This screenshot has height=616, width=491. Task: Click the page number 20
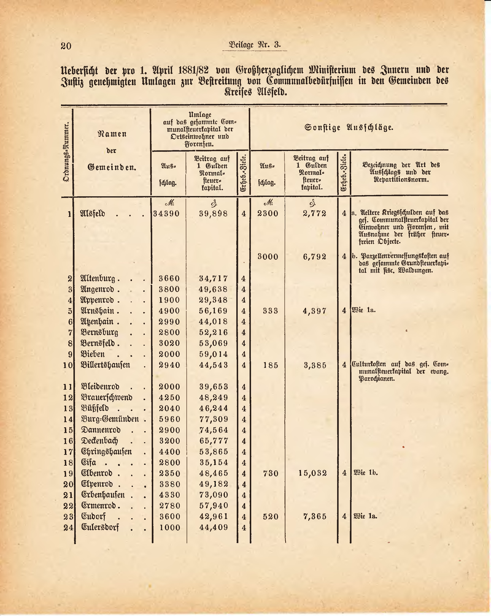pos(66,46)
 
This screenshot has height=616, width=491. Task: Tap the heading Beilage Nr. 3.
pos(254,45)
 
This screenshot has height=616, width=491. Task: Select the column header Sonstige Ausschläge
pos(349,127)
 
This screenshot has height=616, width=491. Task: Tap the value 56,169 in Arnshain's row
pos(213,311)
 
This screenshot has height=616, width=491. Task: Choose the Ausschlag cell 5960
pos(170,419)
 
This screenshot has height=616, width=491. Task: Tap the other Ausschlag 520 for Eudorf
pos(270,517)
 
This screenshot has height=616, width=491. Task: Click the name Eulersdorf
pos(100,527)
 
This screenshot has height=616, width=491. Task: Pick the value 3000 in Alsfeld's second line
pos(268,257)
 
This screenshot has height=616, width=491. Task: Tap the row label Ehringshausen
pos(106,452)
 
